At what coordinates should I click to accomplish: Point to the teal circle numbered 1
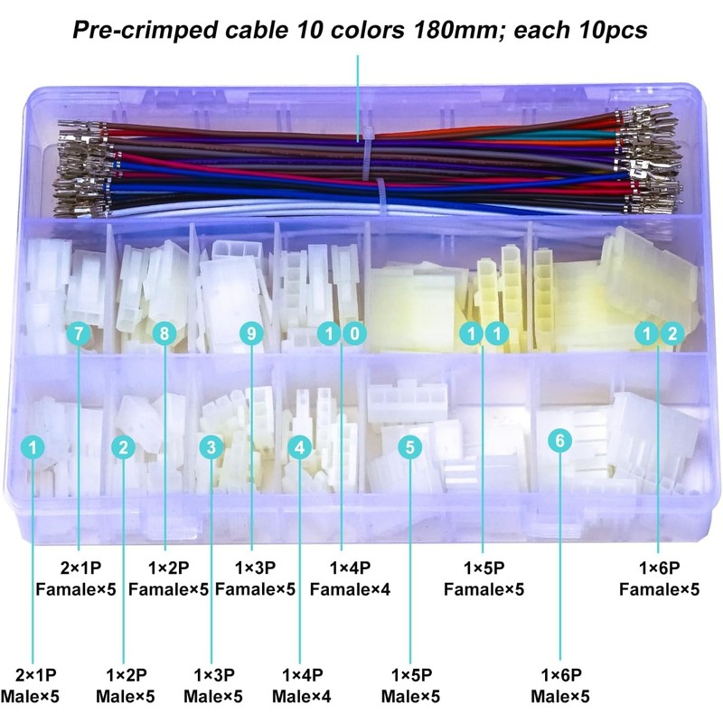click(x=33, y=446)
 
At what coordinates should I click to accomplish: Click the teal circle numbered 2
click(x=124, y=446)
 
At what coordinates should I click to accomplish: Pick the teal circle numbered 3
click(x=211, y=446)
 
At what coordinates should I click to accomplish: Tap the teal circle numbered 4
click(x=300, y=446)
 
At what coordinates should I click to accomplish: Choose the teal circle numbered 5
click(x=410, y=446)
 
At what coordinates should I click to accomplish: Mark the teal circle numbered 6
click(x=560, y=440)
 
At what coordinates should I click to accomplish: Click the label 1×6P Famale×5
click(x=659, y=578)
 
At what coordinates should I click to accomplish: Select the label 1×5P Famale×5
click(x=484, y=578)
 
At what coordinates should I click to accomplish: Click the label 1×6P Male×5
click(x=560, y=685)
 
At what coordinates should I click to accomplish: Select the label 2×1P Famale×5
click(x=79, y=578)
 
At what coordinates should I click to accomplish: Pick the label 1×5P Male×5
click(x=411, y=685)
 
